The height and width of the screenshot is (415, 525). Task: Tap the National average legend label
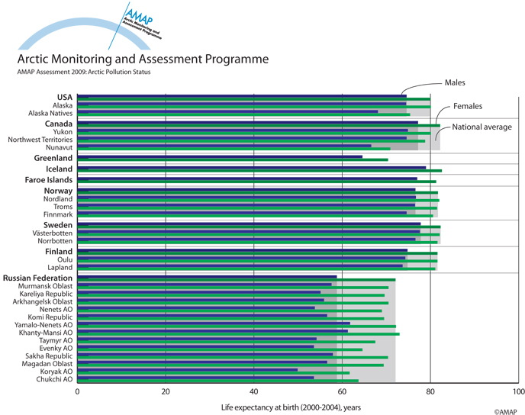[x=482, y=127]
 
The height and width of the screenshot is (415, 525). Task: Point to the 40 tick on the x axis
[x=253, y=393]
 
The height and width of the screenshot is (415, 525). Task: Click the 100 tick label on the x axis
[x=517, y=393]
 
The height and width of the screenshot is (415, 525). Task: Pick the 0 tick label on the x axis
[x=77, y=393]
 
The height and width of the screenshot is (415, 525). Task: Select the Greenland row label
[x=53, y=158]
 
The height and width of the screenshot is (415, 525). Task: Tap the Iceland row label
[x=59, y=169]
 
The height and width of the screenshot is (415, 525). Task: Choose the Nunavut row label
[x=57, y=148]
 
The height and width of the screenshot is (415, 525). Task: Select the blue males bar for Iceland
[x=252, y=167]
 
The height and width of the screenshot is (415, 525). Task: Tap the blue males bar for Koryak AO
[x=187, y=369]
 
